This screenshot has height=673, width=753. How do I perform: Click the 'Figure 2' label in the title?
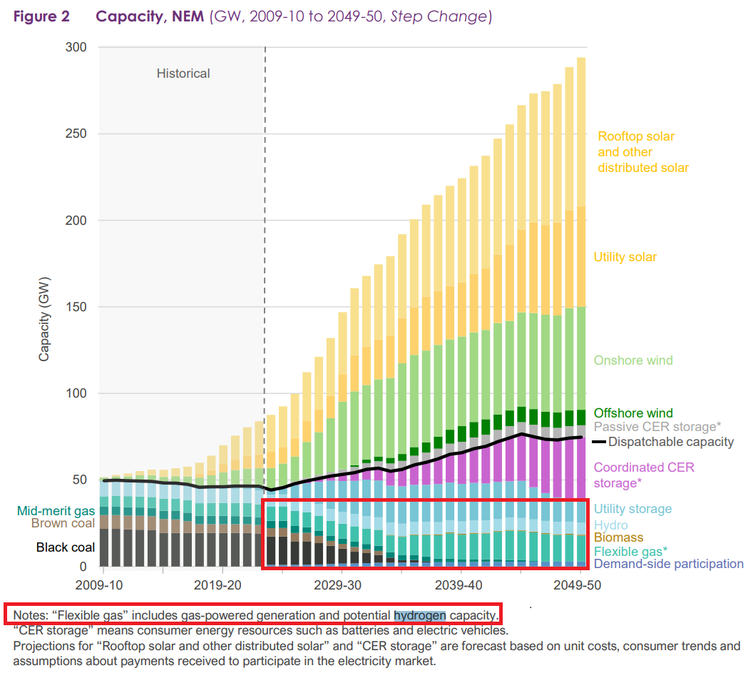[41, 16]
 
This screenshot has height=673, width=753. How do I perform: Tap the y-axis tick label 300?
[77, 48]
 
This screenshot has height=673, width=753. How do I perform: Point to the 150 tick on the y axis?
[77, 307]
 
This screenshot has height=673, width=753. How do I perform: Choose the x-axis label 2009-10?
[103, 585]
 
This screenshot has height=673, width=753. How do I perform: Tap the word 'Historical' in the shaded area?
[183, 74]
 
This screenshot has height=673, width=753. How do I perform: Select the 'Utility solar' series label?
[625, 257]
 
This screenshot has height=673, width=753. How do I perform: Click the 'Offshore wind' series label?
[633, 413]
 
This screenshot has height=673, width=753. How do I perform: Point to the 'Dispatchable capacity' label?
[671, 442]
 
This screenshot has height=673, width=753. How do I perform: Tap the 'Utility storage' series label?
[632, 509]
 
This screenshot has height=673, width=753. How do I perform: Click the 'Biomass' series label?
[618, 537]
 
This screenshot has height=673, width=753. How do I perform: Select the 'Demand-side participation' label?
[668, 564]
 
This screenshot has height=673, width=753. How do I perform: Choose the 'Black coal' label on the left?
[66, 547]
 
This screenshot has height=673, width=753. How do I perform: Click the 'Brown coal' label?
[63, 523]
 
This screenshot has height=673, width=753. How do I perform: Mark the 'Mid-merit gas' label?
[56, 510]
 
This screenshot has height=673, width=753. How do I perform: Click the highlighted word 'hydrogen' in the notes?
[420, 615]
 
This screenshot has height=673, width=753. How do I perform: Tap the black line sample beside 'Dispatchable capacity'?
[599, 442]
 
